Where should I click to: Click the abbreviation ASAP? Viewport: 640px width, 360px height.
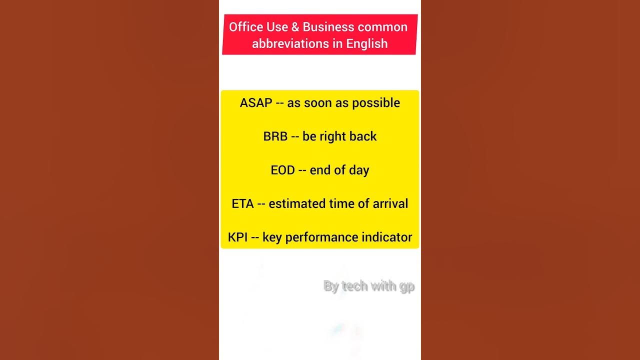[256, 103]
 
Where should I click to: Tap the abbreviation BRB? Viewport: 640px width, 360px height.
[275, 136]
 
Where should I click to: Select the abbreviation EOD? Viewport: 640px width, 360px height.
[282, 170]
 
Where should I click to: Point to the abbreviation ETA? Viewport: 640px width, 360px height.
[242, 203]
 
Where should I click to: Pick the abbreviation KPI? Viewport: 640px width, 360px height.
[237, 237]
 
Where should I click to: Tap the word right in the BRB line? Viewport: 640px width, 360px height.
[339, 136]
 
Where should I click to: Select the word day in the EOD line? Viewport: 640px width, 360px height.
[359, 170]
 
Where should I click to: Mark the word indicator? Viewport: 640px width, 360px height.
[387, 237]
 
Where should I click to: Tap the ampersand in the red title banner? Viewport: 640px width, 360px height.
[294, 27]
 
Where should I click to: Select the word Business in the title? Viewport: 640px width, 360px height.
[327, 27]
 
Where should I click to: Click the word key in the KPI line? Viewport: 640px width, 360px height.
[272, 237]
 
